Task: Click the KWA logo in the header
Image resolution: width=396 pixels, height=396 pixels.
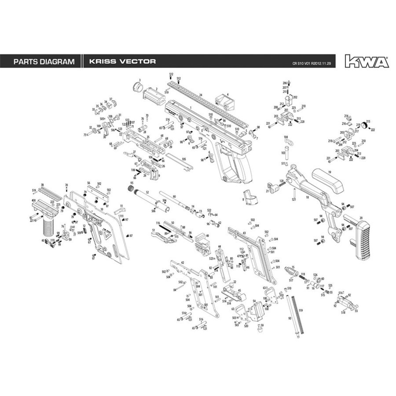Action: point(367,61)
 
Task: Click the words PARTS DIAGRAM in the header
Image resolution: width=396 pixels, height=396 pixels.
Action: point(44,62)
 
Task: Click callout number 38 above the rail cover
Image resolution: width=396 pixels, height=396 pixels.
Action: point(42,185)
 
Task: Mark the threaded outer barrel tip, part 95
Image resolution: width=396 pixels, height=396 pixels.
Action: point(131,189)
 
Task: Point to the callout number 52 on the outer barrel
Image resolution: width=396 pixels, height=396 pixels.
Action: point(147,193)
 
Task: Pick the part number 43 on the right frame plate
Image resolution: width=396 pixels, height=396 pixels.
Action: point(244,233)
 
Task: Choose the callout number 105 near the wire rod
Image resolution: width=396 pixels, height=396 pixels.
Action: point(183,159)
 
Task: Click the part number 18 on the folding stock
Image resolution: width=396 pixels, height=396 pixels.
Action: point(307,198)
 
